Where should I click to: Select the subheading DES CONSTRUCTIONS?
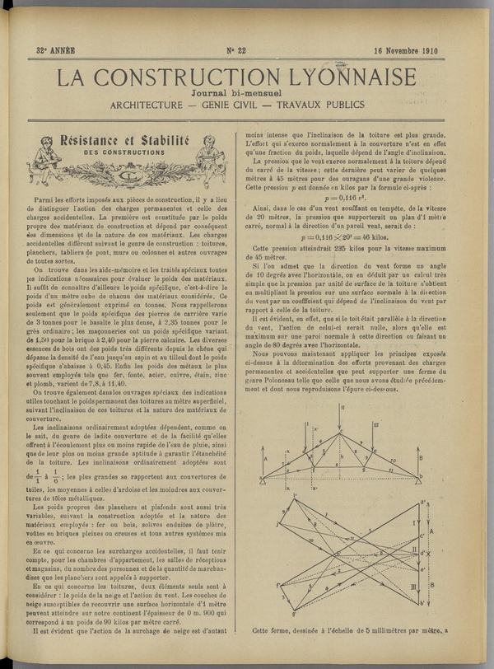[124, 153]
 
